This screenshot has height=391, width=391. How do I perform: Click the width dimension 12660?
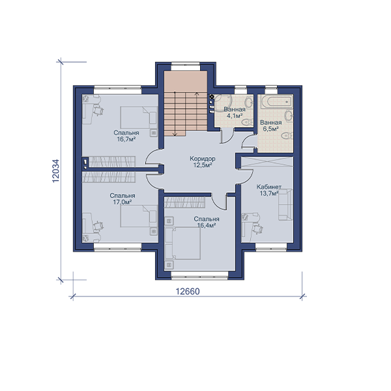[x=188, y=291]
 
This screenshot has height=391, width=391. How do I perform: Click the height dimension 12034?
[x=56, y=171]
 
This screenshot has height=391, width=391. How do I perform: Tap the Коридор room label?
[x=203, y=158]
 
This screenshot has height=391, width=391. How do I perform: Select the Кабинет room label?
[x=269, y=187]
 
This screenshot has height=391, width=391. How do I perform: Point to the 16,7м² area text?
[x=126, y=139]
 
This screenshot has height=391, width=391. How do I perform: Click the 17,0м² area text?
[x=123, y=202]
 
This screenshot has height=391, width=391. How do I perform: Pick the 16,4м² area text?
[x=207, y=225]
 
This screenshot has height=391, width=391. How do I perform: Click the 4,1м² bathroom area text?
[x=235, y=116]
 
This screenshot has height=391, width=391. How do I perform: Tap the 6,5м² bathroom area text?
[x=271, y=129]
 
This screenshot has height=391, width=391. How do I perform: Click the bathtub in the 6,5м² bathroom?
[x=276, y=102]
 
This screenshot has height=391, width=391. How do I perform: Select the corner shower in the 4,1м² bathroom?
[x=222, y=103]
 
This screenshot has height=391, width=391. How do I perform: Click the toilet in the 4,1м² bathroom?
[x=247, y=122]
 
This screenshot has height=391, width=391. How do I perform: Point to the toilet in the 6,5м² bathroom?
[x=286, y=136]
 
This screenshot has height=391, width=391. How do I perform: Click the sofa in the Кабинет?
[x=285, y=205]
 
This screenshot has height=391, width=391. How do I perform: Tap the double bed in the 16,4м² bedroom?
[x=182, y=243]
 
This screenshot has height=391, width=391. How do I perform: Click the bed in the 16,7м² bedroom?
[x=139, y=118]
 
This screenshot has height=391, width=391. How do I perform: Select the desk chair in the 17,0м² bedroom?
[x=98, y=226]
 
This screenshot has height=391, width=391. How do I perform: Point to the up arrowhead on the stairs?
[x=197, y=94]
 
